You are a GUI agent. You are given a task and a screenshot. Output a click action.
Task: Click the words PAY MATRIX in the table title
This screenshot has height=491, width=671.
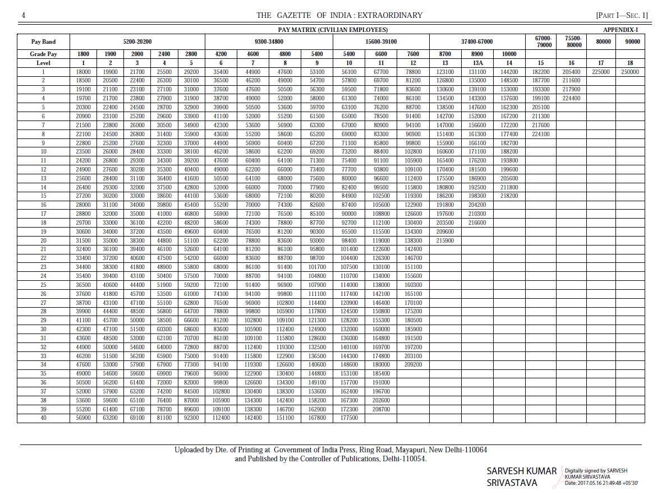297,30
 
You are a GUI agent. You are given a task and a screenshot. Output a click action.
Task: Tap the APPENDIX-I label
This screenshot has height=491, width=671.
620,30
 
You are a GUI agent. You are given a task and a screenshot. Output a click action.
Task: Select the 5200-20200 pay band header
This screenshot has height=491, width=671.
137,41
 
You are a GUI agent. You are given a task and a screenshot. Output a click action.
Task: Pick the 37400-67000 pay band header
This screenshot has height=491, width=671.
477,41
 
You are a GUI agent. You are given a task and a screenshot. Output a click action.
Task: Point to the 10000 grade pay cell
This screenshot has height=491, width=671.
509,54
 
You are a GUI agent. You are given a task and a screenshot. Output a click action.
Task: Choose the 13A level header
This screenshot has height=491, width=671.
477,63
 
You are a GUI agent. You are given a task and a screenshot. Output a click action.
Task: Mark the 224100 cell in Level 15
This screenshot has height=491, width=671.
540,134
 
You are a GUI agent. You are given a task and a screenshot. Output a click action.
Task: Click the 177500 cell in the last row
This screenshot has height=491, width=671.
349,418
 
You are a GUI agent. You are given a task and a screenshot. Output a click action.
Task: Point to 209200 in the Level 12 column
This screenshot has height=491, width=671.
413,364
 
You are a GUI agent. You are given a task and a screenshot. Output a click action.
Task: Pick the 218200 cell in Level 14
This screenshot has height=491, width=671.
509,196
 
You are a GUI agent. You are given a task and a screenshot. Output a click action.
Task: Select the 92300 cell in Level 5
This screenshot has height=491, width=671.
191,418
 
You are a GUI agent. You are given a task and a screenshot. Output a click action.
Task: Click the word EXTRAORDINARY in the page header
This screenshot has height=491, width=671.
391,15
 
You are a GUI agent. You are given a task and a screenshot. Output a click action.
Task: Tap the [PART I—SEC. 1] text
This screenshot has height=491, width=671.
622,15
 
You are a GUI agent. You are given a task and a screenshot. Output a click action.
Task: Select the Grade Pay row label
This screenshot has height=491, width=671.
43,54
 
